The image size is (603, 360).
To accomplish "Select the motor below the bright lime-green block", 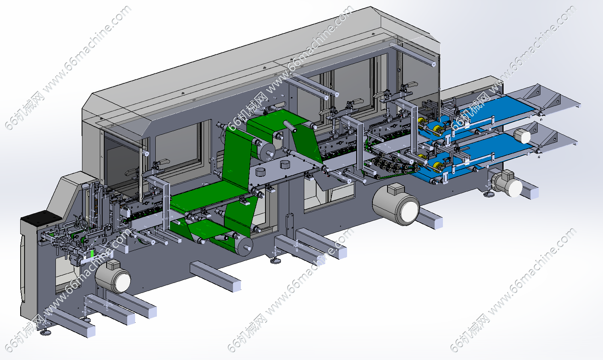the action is (113, 278).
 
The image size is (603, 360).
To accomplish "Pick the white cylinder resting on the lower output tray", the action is (522, 136).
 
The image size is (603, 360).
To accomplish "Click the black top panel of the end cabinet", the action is (41, 218).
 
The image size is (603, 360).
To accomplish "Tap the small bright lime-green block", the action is (92, 254).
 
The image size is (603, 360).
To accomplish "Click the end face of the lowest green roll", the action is (246, 247).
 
